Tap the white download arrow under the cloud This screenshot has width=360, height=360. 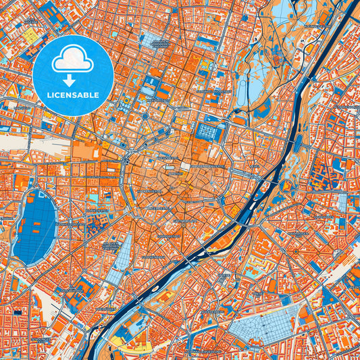click(x=73, y=80)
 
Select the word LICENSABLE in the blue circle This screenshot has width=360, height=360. click(x=73, y=95)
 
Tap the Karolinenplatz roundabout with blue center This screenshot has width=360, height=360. click(x=145, y=116)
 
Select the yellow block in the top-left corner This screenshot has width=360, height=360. click(x=30, y=37)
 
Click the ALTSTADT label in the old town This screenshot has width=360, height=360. click(x=174, y=173)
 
